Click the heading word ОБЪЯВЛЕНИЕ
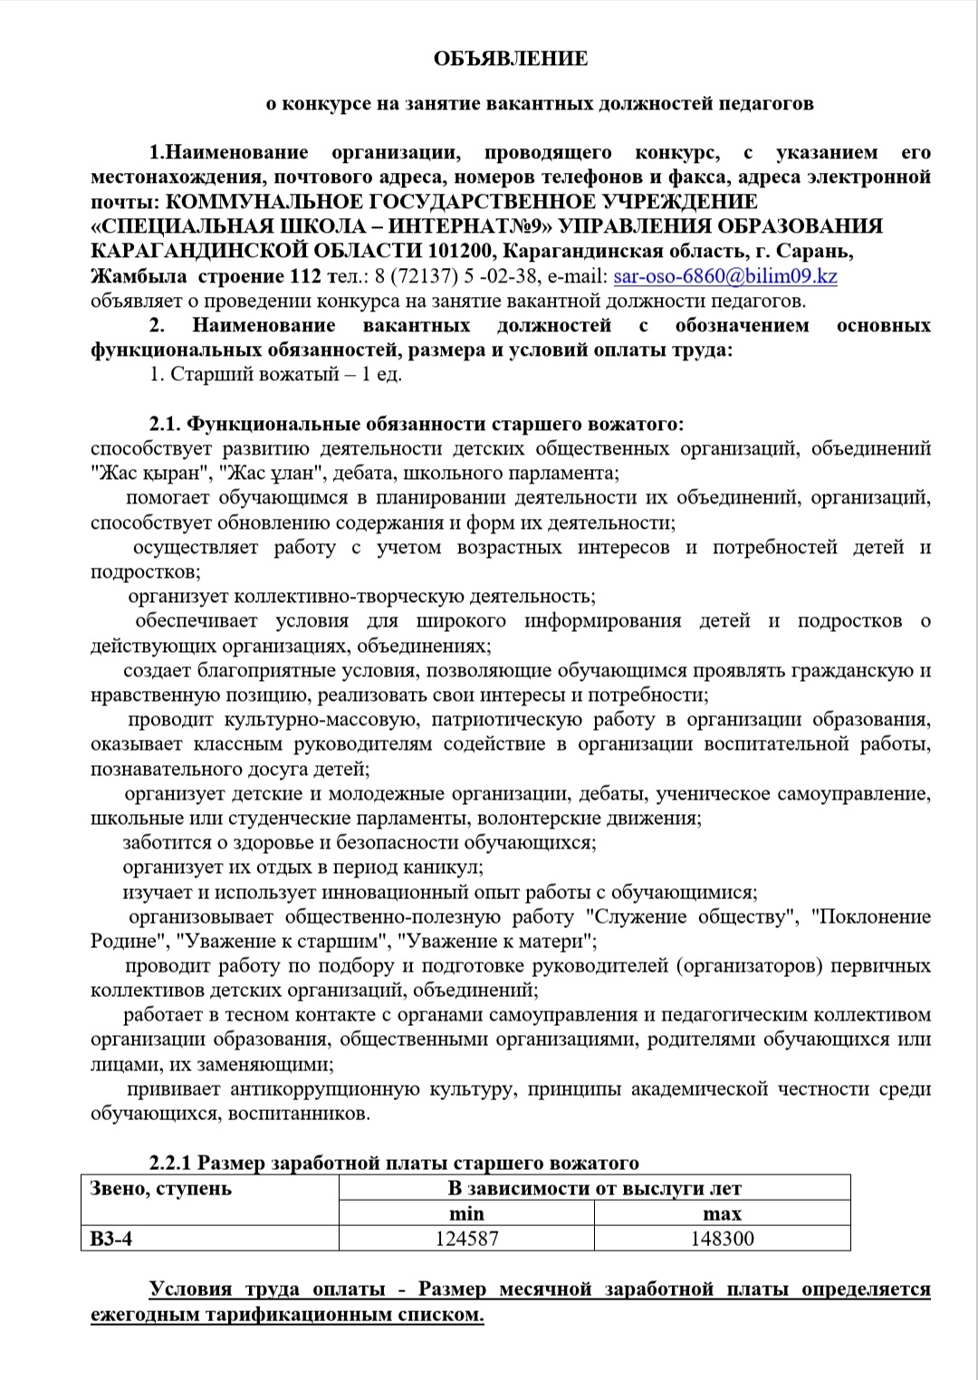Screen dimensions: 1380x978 tap(511, 59)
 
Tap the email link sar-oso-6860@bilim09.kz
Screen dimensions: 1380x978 tap(724, 276)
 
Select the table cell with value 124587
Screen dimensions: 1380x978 tap(466, 1238)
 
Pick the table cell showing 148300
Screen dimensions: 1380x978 tap(722, 1238)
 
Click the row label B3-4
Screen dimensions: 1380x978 tap(111, 1238)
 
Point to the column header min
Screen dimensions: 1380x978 tap(466, 1213)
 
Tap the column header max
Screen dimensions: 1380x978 tap(722, 1213)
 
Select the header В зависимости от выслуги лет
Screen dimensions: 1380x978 tap(594, 1188)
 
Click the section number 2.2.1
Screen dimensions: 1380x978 tap(171, 1163)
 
